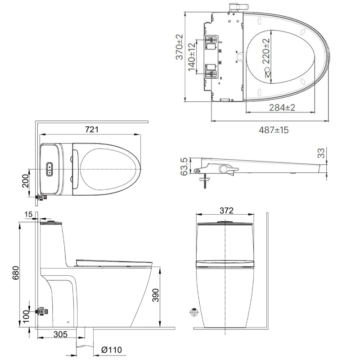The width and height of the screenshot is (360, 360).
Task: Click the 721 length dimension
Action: point(92,130)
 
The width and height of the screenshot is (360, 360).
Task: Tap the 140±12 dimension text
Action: point(192,56)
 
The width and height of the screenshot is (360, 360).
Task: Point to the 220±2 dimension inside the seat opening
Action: point(266,51)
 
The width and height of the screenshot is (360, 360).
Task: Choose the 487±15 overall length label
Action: point(273,130)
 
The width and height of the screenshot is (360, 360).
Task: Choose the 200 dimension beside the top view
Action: point(26,183)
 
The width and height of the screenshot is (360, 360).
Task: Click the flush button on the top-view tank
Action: point(49,169)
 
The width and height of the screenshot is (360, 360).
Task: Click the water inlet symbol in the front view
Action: point(194,312)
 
